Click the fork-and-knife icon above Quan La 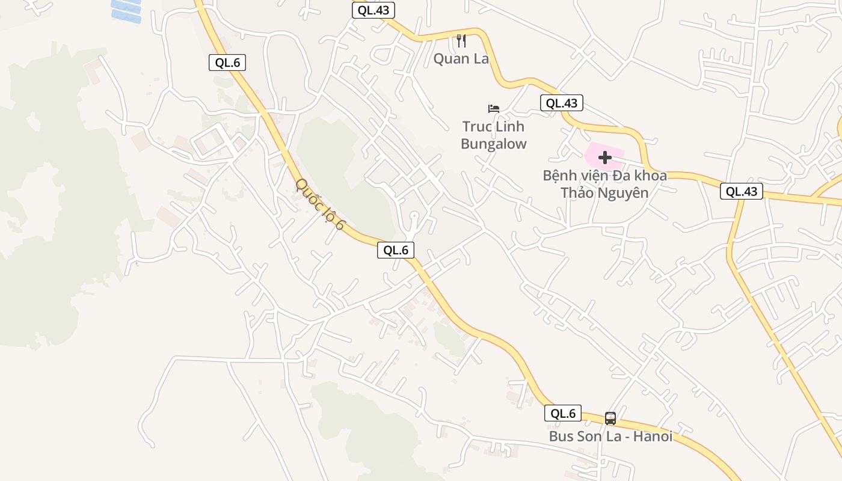tap(461, 41)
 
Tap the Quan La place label tap(461, 59)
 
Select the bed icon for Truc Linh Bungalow tap(494, 109)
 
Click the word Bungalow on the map tap(494, 144)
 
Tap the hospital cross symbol tap(605, 158)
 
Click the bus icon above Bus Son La tap(610, 418)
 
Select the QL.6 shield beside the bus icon tap(563, 413)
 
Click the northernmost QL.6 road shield tap(227, 63)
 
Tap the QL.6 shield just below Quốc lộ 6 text tap(396, 250)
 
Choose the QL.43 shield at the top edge tap(373, 10)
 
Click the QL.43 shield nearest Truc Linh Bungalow tap(562, 103)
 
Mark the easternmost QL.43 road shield tap(742, 191)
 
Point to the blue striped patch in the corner tap(126, 10)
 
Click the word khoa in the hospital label tap(650, 176)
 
